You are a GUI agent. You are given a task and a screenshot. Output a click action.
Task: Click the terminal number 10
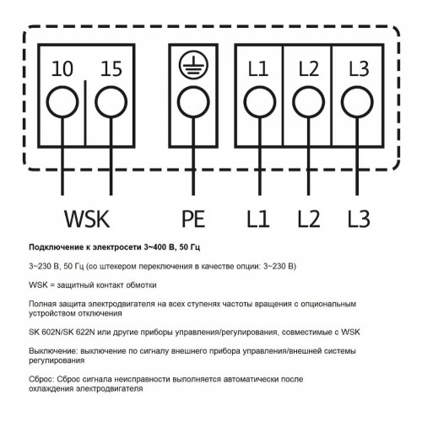point(62,69)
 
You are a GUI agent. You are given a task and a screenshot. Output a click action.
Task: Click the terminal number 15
point(111,69)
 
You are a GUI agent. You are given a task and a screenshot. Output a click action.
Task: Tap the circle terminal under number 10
point(62,102)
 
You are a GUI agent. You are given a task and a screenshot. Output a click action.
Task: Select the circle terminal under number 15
point(111,102)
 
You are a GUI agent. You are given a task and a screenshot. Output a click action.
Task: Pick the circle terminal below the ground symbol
point(193,102)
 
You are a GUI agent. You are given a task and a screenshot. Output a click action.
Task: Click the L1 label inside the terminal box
point(258,69)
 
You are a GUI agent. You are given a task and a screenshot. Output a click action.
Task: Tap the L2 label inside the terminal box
point(309,69)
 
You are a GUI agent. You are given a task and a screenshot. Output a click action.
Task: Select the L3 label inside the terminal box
point(359,69)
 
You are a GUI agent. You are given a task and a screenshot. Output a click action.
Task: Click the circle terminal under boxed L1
point(260,102)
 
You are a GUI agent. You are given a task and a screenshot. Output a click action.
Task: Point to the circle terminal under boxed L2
point(309,102)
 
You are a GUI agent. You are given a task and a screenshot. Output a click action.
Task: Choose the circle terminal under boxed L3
point(358,102)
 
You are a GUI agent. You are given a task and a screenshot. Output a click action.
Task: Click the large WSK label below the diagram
point(87,219)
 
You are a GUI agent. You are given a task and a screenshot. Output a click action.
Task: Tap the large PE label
point(193,219)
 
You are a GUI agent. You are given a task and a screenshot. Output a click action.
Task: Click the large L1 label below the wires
point(258,219)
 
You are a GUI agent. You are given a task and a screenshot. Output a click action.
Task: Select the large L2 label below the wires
point(309,219)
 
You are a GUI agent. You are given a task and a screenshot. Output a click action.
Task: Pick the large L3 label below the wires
point(359,219)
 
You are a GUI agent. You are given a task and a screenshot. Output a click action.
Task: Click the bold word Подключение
point(56,247)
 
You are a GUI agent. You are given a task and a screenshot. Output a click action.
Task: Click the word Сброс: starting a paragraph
point(41,379)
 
